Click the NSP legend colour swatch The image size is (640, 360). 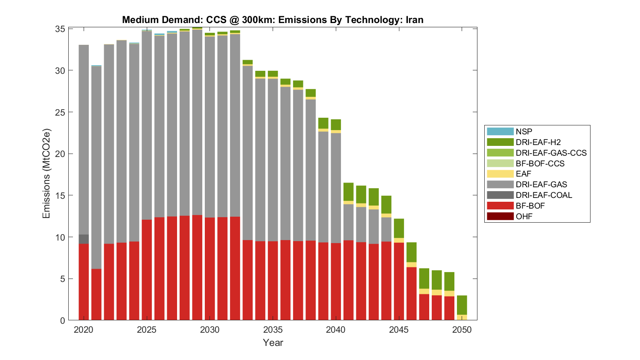tap(500, 131)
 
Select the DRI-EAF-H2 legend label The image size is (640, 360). tap(538, 142)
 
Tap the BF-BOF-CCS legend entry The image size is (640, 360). tap(540, 163)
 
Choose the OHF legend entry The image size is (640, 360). tap(524, 216)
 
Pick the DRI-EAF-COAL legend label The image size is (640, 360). tap(544, 195)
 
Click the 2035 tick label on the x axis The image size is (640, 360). tap(273, 330)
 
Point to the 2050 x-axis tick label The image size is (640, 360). tap(462, 330)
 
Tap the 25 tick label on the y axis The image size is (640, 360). tap(61, 112)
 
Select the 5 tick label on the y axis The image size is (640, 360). tap(63, 279)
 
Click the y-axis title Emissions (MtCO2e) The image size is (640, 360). tap(46, 173)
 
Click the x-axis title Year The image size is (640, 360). tap(273, 343)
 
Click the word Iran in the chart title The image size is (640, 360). tap(414, 20)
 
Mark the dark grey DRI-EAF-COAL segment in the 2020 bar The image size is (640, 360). tap(84, 239)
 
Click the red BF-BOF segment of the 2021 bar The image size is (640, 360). tap(96, 294)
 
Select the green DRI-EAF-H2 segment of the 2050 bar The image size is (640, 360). tap(462, 305)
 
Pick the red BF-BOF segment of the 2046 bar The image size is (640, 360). tap(411, 293)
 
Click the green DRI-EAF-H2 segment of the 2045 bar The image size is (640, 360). tap(399, 228)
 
